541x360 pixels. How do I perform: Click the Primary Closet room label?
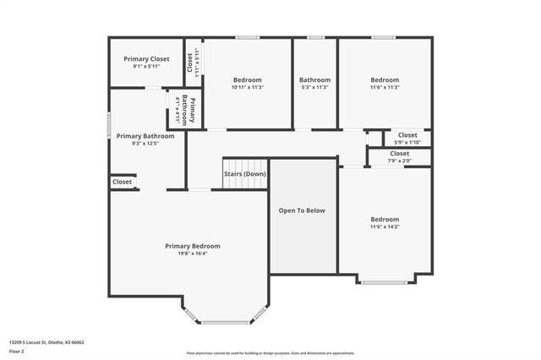pos(146,59)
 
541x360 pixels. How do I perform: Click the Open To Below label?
pos(303,210)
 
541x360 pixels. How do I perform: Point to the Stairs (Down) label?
pos(245,174)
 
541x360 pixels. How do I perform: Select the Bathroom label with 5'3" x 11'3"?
pos(315,80)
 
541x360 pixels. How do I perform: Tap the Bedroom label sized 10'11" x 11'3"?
pos(248,80)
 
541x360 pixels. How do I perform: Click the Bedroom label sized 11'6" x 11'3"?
pos(385,80)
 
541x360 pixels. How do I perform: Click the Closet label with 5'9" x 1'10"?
pos(407,134)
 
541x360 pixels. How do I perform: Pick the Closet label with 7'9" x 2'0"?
pos(400,153)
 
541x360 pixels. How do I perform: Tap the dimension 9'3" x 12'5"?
pos(145,144)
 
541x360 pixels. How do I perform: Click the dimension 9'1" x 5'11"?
pos(146,67)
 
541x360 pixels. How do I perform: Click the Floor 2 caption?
pos(16,351)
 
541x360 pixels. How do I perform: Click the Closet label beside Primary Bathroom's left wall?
pos(122,182)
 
